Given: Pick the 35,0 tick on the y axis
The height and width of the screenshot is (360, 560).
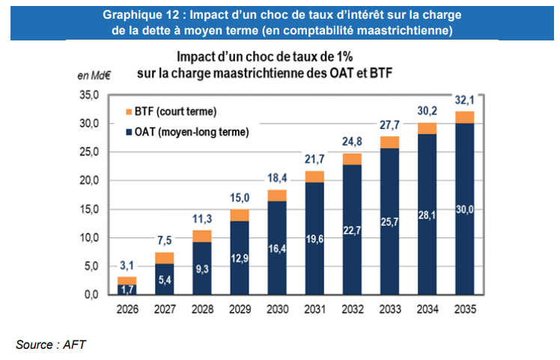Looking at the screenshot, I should coord(89,96).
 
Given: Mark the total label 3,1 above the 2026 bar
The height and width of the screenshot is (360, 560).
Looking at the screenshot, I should coord(127,266).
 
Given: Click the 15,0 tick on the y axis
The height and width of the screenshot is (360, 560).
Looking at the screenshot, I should coord(89,210).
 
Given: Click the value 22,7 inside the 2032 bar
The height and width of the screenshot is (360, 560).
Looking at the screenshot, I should coord(351,231).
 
